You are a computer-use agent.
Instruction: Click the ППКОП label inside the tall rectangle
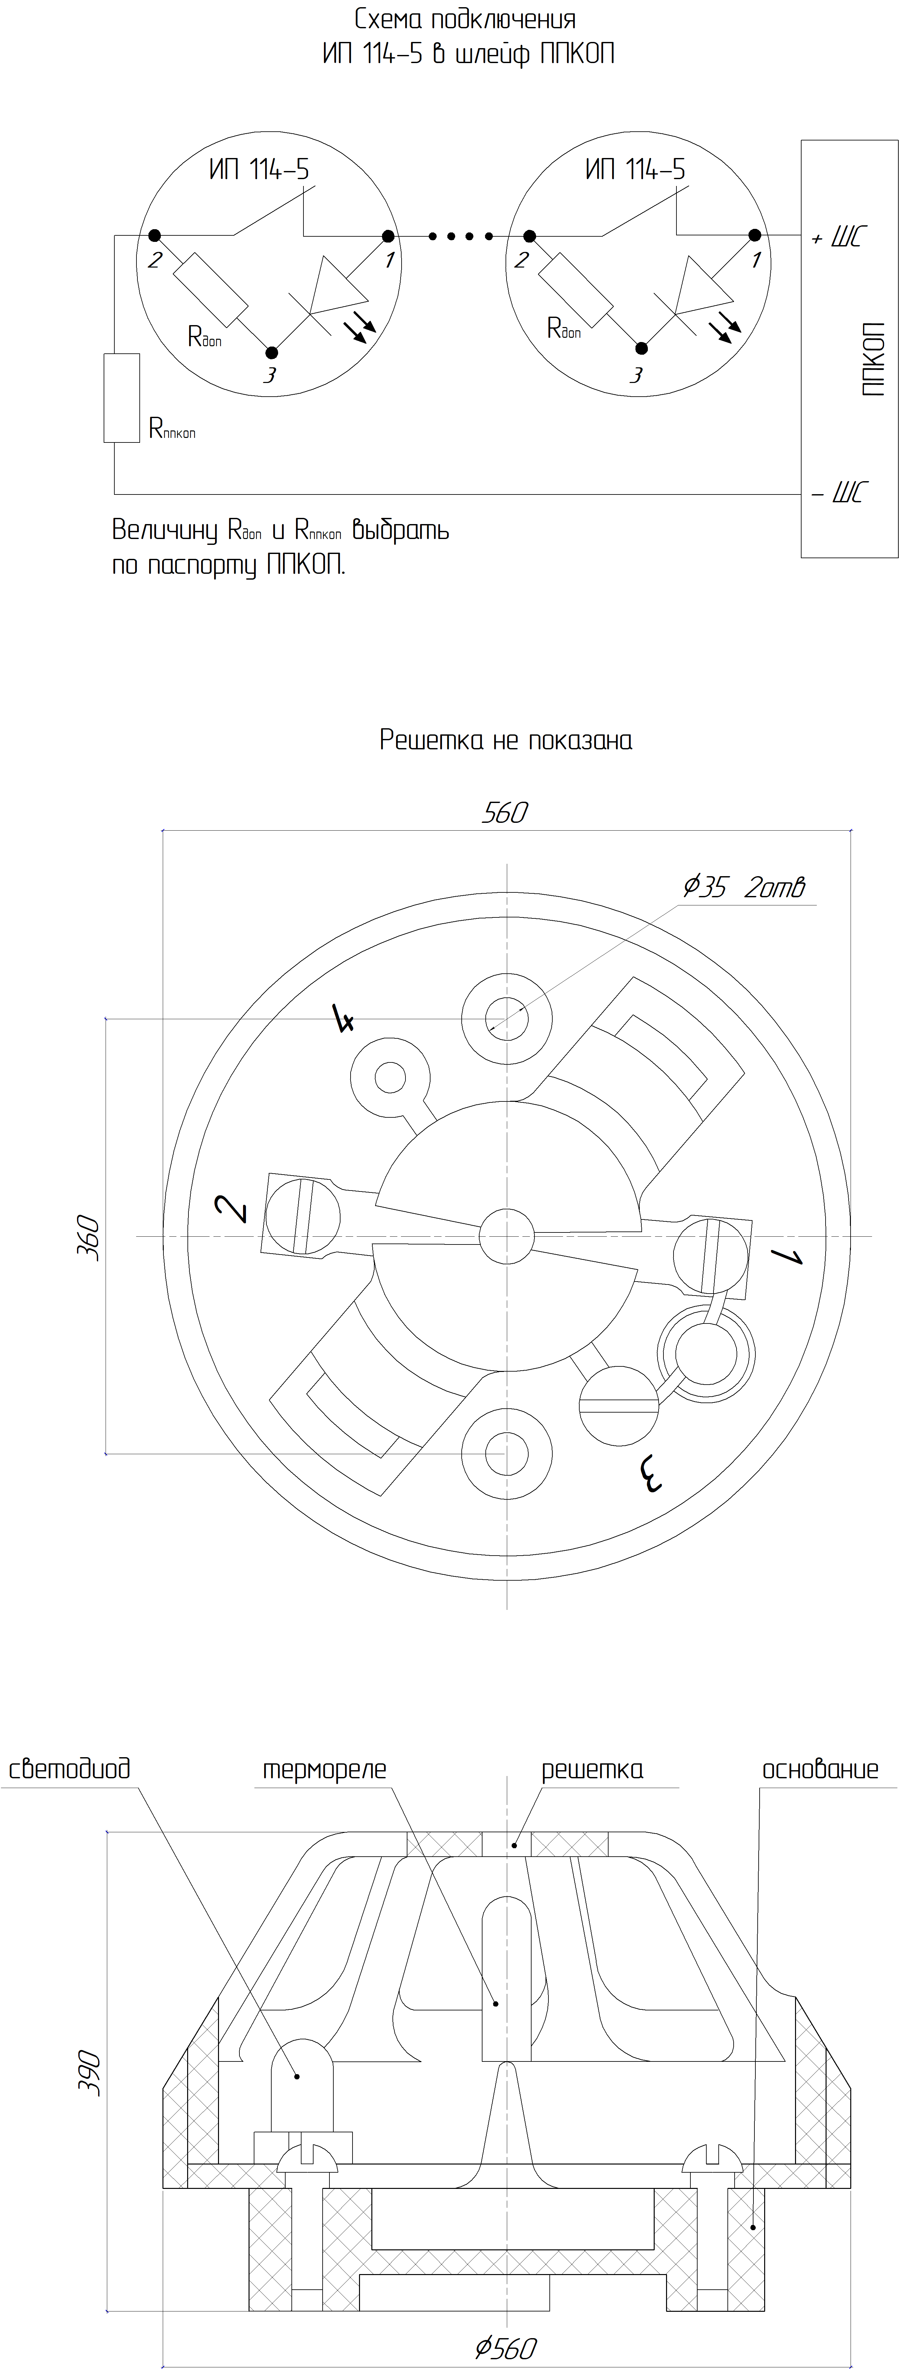click(x=874, y=359)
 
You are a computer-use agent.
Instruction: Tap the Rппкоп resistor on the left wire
click(x=121, y=397)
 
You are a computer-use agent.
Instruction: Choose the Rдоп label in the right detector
click(x=563, y=328)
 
